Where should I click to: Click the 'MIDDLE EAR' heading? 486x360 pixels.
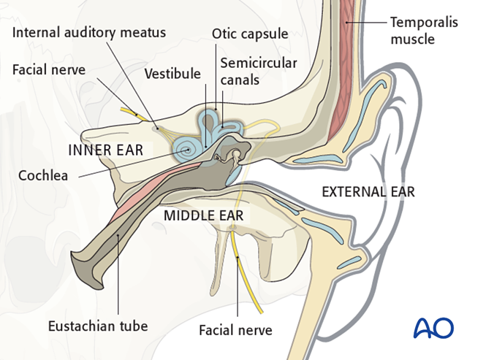pyautogui.click(x=203, y=215)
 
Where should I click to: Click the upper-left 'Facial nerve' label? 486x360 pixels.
pyautogui.click(x=49, y=71)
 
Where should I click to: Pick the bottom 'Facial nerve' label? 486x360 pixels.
pyautogui.click(x=235, y=330)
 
